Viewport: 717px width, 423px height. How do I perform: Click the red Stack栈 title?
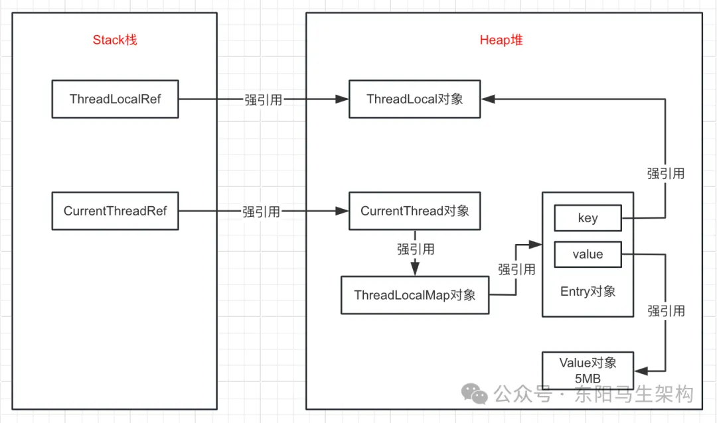(115, 40)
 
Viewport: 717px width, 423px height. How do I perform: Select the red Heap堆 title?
(501, 40)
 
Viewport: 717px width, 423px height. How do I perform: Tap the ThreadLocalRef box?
(115, 99)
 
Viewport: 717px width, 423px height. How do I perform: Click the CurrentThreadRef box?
(115, 211)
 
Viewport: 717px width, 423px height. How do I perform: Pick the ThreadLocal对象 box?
(414, 99)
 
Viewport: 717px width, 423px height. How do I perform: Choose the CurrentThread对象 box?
(414, 211)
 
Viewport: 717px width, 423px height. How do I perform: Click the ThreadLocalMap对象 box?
(414, 295)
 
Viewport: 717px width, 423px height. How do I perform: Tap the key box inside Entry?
(588, 218)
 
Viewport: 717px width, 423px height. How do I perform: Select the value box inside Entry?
(588, 254)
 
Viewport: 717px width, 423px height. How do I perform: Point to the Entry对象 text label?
(588, 291)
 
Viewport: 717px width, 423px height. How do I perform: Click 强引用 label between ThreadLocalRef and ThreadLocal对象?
(263, 100)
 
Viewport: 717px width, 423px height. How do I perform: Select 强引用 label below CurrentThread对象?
(416, 249)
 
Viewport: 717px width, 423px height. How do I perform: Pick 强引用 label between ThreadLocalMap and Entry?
(517, 269)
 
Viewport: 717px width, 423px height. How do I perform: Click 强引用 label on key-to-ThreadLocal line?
(665, 174)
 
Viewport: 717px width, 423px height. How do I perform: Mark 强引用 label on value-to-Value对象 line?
(665, 310)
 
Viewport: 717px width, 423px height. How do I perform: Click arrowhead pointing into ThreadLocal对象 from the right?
(488, 99)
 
